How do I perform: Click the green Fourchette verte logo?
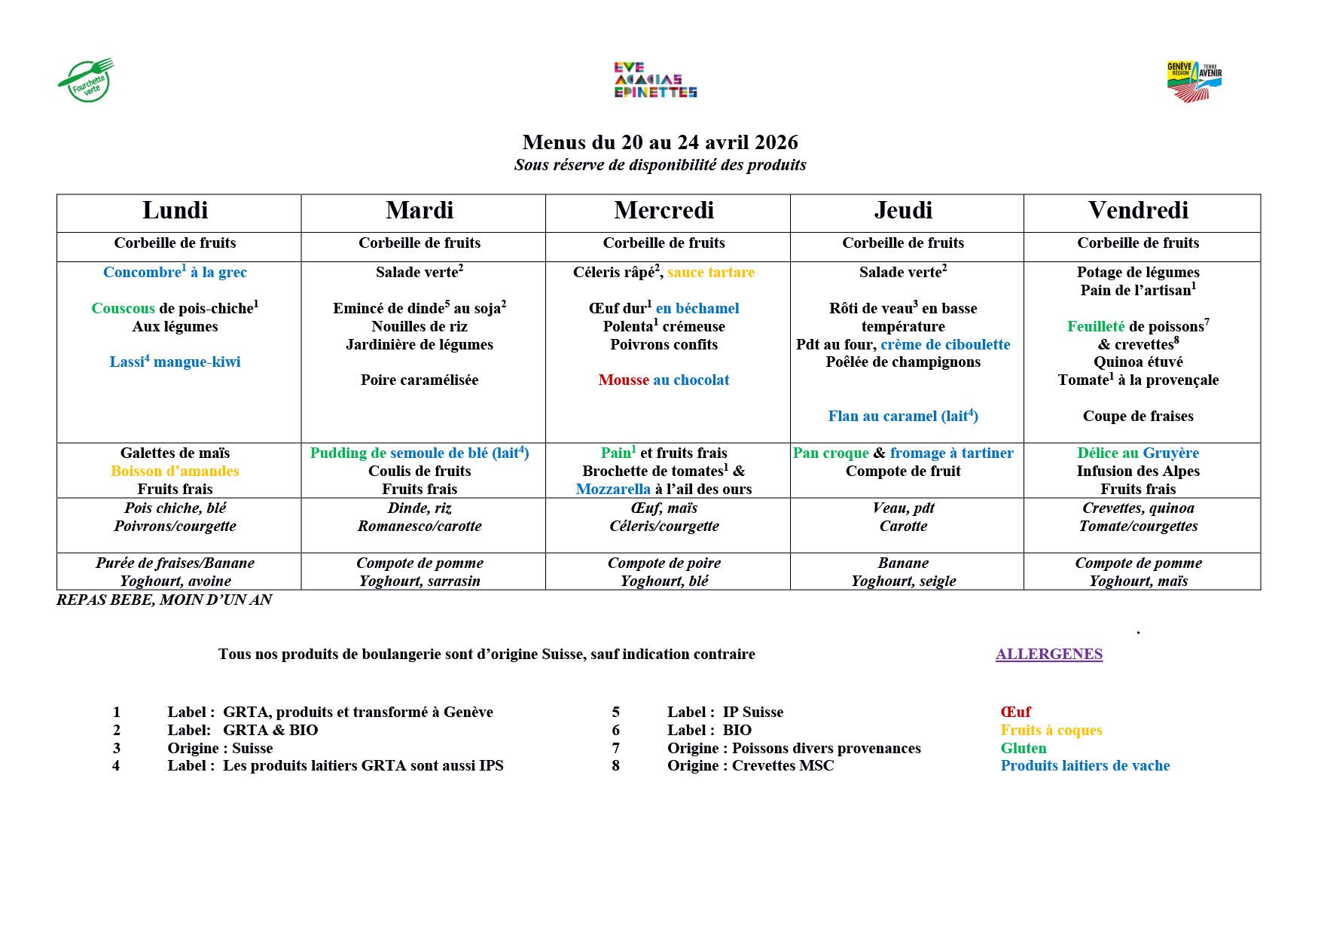tap(86, 80)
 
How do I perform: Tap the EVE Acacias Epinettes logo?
tap(655, 80)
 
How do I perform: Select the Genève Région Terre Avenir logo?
tap(1194, 81)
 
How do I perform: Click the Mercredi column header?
tap(664, 211)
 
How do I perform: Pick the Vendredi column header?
tap(1138, 211)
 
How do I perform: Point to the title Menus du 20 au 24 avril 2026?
tap(660, 142)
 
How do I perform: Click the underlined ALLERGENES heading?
tap(1048, 655)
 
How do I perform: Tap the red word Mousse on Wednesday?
tap(623, 380)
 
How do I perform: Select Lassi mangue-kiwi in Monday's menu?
tap(175, 362)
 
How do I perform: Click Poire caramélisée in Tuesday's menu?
tap(419, 380)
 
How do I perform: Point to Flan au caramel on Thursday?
tap(902, 417)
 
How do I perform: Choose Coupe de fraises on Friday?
tap(1137, 417)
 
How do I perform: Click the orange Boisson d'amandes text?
tap(175, 472)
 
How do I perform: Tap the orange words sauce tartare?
tap(710, 273)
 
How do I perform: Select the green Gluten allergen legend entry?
tap(1023, 749)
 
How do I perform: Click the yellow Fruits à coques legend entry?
tap(1051, 731)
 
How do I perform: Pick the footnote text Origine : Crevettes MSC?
tap(750, 766)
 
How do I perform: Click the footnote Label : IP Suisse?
tap(725, 713)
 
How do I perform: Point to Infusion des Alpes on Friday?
tap(1137, 472)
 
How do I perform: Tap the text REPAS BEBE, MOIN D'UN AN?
tap(164, 600)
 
